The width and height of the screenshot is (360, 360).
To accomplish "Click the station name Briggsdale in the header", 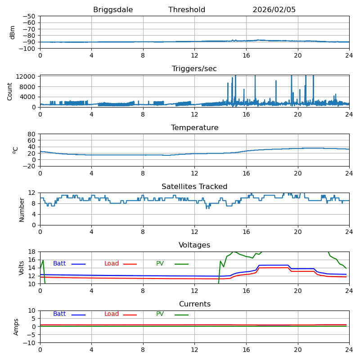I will tap(113, 10).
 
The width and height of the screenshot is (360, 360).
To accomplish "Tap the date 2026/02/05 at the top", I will tap(274, 10).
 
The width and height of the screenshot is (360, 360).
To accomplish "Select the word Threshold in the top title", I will tap(187, 10).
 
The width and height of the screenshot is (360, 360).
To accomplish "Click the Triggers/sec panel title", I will tap(194, 69).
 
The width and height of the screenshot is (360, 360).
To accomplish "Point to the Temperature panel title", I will tap(194, 128).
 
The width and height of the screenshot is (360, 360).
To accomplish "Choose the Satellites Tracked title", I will tap(194, 187).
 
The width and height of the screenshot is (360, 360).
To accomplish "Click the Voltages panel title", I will tap(194, 245).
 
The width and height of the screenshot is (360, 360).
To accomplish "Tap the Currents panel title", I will tap(194, 304).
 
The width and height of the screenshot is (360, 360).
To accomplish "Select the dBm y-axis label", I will tap(13, 32).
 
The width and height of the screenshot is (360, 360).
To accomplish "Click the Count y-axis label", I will tap(10, 91).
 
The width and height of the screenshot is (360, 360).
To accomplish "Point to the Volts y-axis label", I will tap(22, 268).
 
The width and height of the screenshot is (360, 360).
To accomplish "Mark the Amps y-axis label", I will tap(16, 327).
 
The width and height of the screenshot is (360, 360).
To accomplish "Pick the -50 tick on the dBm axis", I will tap(29, 16).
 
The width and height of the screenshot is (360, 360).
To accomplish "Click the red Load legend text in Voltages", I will tap(112, 264).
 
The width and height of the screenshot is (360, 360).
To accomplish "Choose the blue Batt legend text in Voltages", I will tap(59, 264).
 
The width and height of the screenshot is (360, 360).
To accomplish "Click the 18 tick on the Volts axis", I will tap(32, 252).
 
